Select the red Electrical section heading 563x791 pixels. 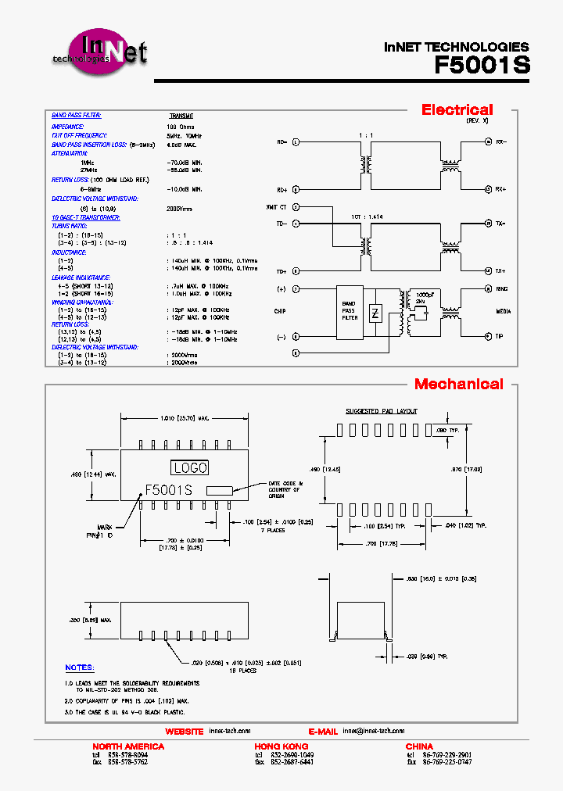(457, 110)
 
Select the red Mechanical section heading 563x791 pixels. (458, 384)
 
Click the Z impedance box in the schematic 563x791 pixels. (375, 313)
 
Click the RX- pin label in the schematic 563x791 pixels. (500, 142)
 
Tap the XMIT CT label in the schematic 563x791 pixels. (277, 207)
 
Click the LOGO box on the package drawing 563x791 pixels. (189, 467)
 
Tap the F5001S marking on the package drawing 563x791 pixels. (168, 490)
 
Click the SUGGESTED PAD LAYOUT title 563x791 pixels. (382, 411)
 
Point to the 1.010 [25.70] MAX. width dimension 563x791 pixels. (181, 420)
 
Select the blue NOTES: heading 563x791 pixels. (79, 668)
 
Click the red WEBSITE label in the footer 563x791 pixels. (184, 732)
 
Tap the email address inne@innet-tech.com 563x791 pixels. (373, 731)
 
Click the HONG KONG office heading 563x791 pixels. (281, 746)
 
